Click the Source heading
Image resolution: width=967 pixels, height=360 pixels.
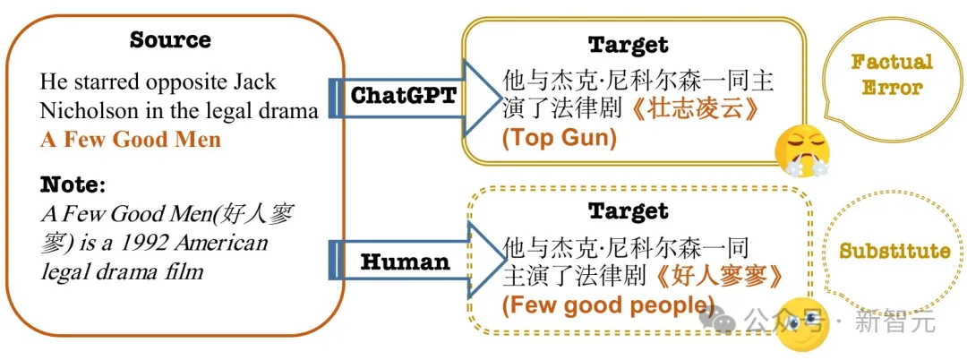coord(170,40)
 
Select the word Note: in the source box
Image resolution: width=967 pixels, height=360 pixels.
coord(73,185)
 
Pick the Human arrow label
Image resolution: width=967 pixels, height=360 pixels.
coord(405,262)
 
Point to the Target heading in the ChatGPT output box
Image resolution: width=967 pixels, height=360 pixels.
coord(628,45)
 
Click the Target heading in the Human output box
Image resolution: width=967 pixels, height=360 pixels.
coord(628,212)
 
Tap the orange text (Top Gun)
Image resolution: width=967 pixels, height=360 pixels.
coord(560,138)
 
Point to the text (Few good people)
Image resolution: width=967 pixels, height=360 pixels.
coord(609,304)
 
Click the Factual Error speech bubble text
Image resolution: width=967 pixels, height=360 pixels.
coord(892,75)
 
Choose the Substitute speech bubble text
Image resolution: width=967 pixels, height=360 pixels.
coord(894,251)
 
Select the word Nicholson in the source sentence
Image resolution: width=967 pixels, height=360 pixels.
coord(81,111)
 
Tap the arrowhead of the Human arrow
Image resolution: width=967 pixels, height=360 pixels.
coord(484,260)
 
